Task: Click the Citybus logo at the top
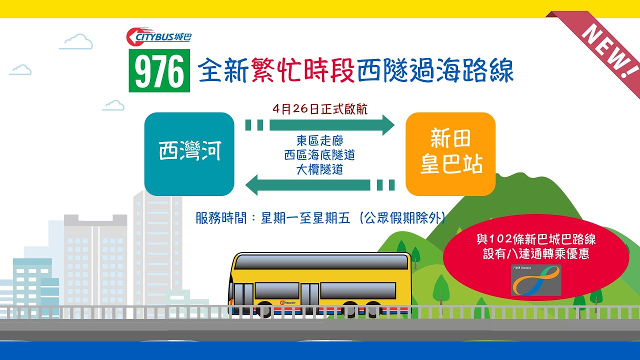158,36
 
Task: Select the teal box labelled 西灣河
189,153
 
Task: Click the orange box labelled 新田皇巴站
450,153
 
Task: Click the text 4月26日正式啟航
320,109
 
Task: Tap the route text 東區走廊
320,141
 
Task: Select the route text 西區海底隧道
320,155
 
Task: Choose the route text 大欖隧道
320,169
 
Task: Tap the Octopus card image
536,280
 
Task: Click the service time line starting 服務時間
320,218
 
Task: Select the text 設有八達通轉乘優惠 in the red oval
536,254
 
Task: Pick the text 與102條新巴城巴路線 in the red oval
536,239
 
